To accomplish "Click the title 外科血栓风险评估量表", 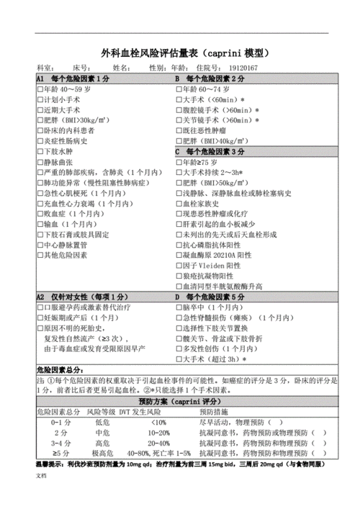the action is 153,53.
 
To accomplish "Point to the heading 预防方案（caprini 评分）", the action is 179,401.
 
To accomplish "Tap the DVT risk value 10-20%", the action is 159,433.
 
